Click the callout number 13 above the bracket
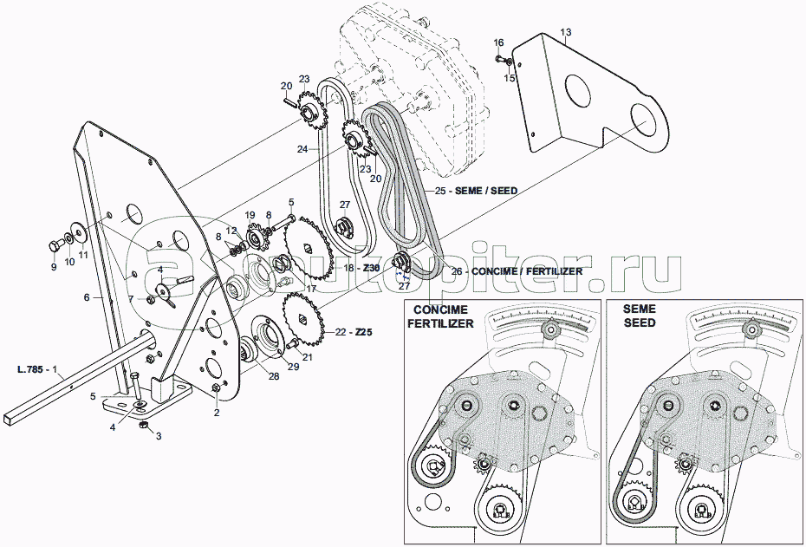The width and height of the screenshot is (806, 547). [x=565, y=34]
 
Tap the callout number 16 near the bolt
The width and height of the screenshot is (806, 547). [x=498, y=42]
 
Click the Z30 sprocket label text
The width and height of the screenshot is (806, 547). [x=370, y=269]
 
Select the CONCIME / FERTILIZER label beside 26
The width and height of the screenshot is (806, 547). [x=527, y=271]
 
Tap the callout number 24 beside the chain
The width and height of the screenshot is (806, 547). [x=302, y=149]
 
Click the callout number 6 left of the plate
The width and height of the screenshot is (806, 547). [x=87, y=297]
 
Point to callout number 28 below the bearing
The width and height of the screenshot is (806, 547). [x=274, y=375]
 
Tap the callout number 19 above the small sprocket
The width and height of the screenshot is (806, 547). [x=249, y=214]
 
